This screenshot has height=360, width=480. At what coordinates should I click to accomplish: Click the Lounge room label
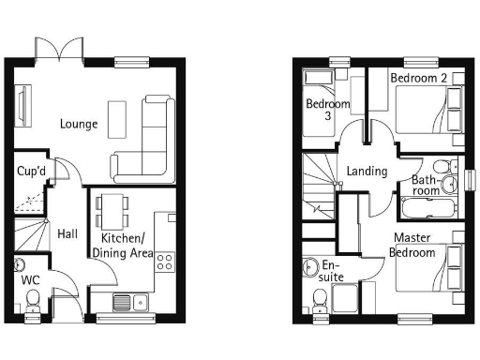[x=78, y=124]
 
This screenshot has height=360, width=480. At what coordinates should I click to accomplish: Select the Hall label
[x=67, y=233]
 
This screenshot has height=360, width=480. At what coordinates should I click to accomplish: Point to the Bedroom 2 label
[x=418, y=78]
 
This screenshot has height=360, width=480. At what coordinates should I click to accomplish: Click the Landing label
[x=367, y=172]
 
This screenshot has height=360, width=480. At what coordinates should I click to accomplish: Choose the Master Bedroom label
[x=413, y=246]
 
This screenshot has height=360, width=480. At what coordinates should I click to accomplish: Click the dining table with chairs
[x=112, y=211]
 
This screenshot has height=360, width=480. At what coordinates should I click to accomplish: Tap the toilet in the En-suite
[x=319, y=299]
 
